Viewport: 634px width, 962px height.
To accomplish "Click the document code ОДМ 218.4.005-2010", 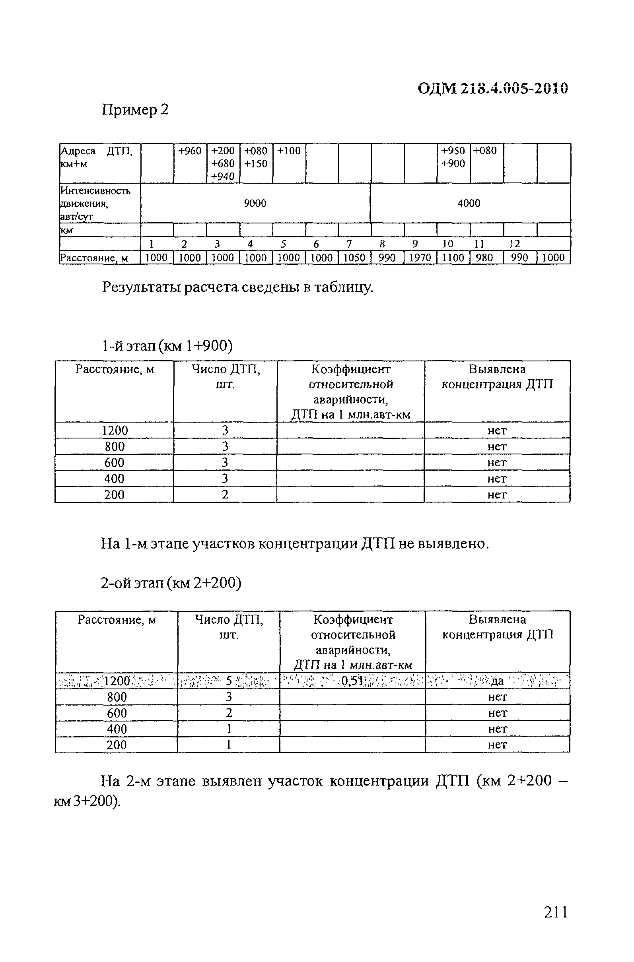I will tap(492, 88).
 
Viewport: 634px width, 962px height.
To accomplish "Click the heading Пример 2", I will tap(135, 110).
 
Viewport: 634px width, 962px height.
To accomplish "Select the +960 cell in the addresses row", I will tap(190, 151).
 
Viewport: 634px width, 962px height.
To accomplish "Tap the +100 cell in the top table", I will tap(289, 151).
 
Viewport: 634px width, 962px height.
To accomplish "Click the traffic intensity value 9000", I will tap(255, 203).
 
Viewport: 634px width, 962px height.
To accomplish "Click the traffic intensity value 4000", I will tap(469, 203).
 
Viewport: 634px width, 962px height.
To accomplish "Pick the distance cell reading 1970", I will tap(420, 258).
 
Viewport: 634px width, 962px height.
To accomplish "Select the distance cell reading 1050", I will tap(354, 258).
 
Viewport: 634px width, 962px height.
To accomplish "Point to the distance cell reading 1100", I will tap(453, 258).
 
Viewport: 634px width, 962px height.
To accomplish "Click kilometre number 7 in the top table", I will tap(349, 244).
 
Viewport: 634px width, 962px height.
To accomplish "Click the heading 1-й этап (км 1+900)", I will tap(167, 345).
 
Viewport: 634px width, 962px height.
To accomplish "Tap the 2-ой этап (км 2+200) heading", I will tap(171, 583).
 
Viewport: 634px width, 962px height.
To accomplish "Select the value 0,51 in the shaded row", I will tap(352, 681).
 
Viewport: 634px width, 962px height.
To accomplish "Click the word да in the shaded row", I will tap(497, 681).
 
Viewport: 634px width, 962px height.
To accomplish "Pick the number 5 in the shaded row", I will tap(228, 681).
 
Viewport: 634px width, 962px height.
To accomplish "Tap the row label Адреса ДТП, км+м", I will tap(96, 157).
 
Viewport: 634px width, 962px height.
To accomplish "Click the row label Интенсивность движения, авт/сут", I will tap(95, 203).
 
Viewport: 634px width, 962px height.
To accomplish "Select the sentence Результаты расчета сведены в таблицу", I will tap(237, 287).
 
